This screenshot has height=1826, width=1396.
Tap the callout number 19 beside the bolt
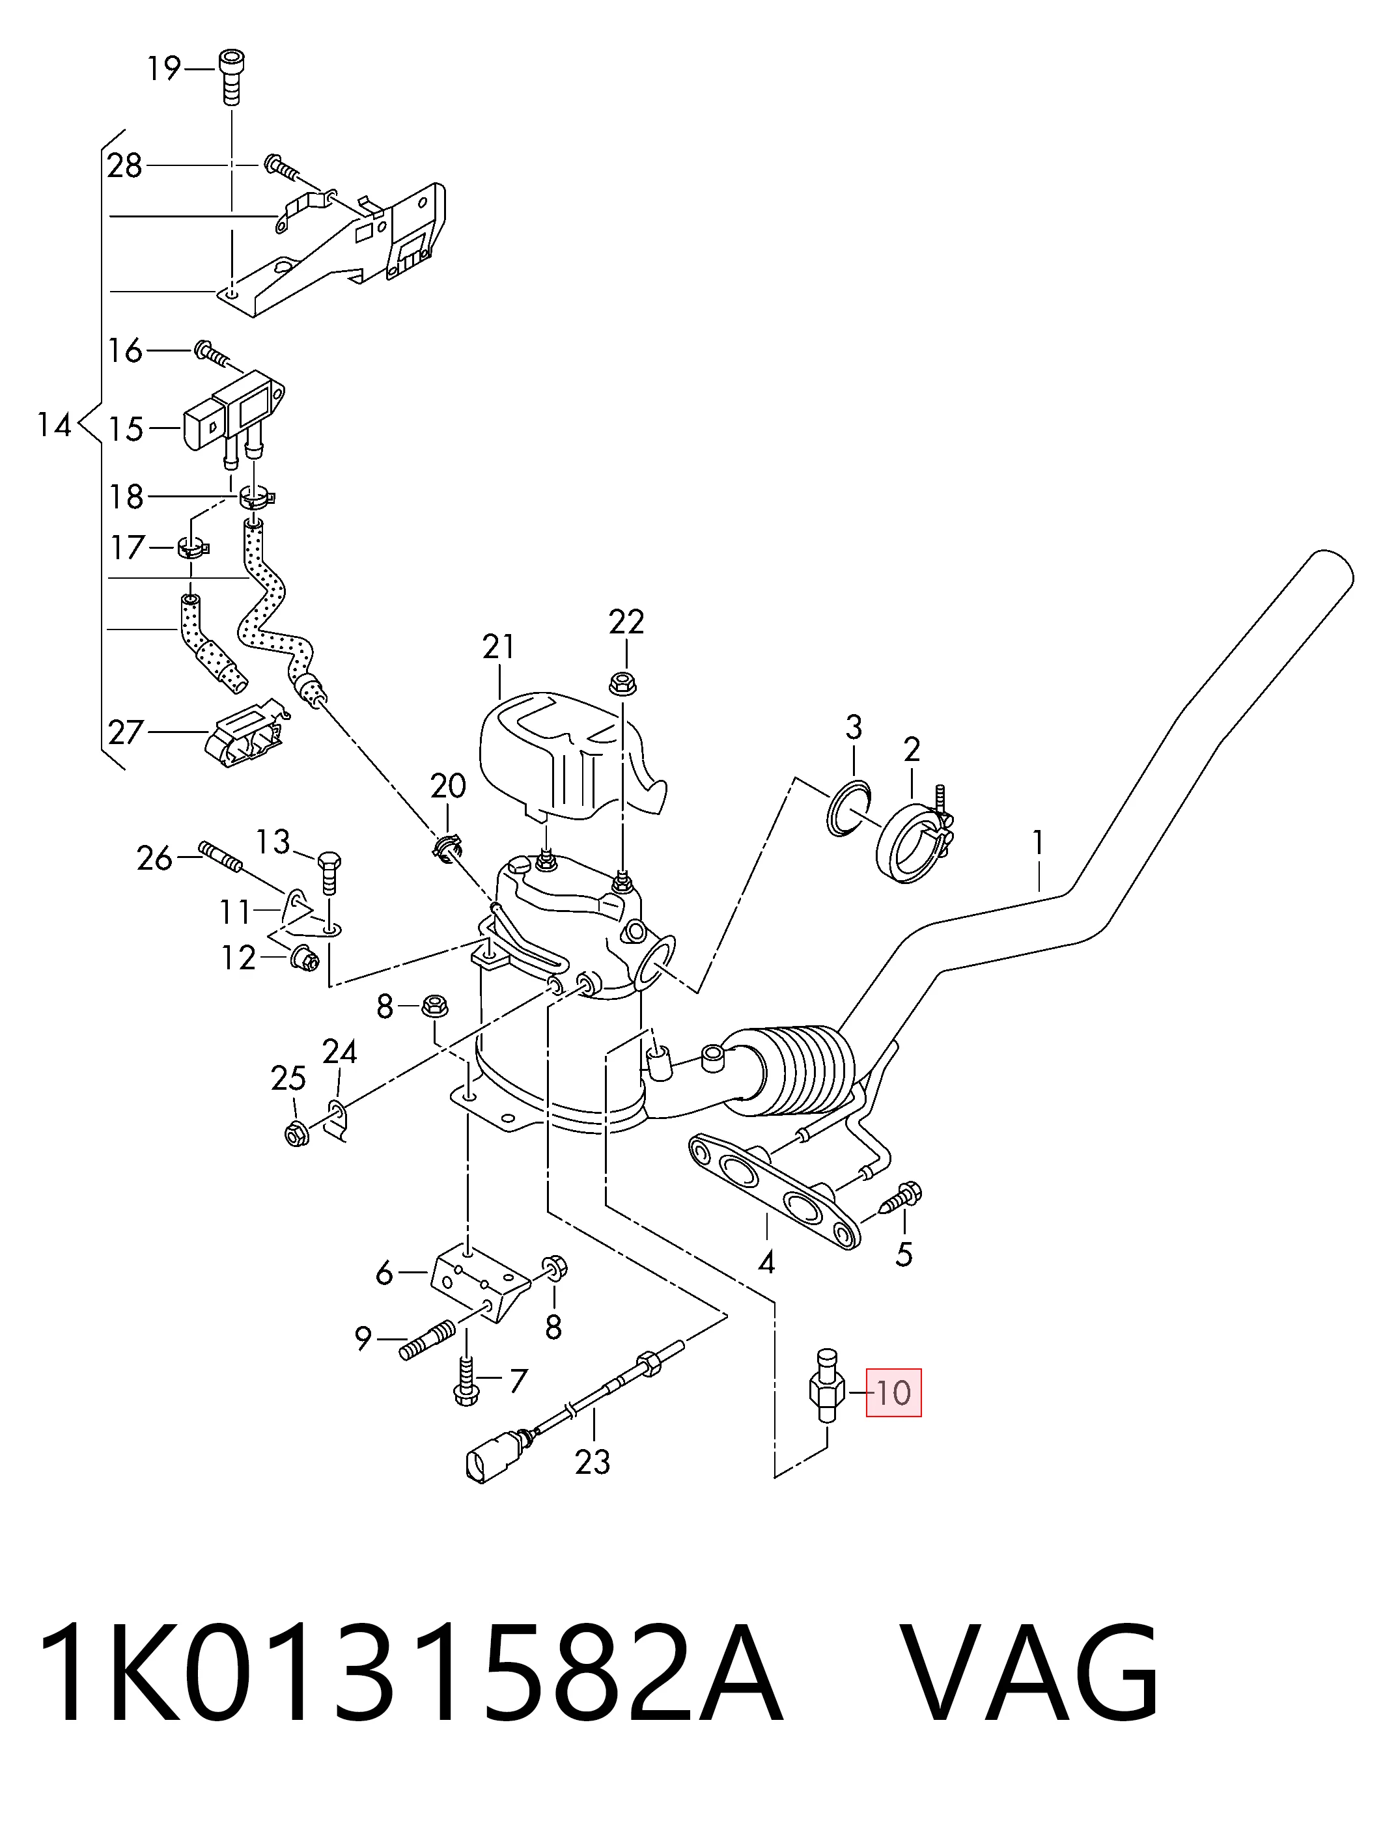pos(165,68)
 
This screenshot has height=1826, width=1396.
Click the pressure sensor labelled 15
pos(234,419)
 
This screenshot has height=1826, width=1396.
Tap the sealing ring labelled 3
pos(848,807)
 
